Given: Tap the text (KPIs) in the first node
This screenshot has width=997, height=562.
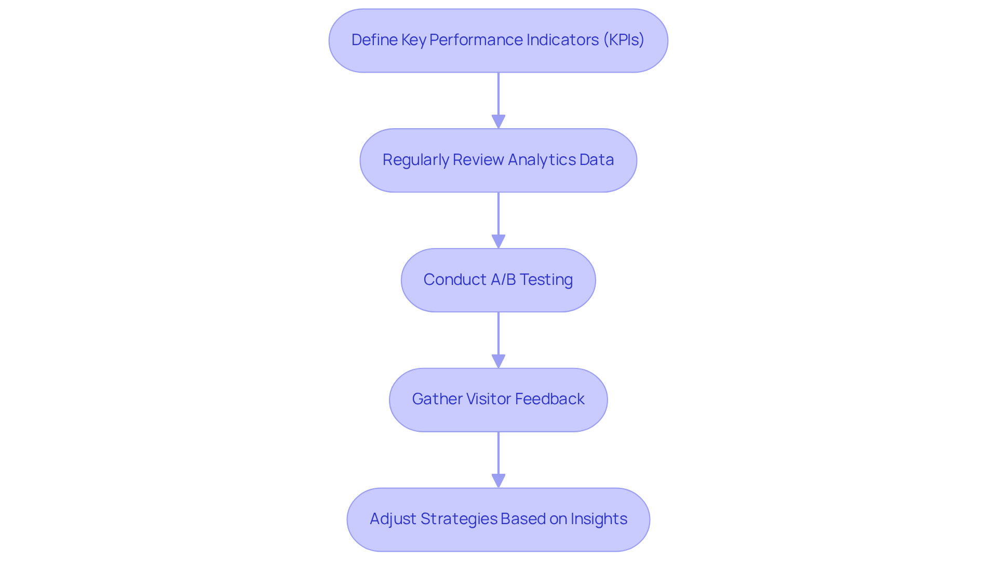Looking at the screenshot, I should coord(623,40).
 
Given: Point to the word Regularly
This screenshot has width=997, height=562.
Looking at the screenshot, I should coord(415,160).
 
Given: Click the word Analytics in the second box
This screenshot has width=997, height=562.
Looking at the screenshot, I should coord(542,160).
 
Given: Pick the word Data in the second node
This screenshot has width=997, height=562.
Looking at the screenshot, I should coord(597,160).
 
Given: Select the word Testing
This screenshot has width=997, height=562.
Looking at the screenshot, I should coord(546,280).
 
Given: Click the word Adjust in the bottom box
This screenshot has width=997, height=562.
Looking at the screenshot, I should coord(393,519).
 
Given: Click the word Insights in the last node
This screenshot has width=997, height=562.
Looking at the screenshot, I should coord(599,519).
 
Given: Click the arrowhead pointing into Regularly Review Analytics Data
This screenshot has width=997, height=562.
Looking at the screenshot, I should coord(498,121).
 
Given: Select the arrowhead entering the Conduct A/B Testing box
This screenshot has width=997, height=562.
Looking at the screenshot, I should coord(498,241).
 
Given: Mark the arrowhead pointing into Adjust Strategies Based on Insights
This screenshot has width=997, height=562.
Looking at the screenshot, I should coord(498,481).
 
